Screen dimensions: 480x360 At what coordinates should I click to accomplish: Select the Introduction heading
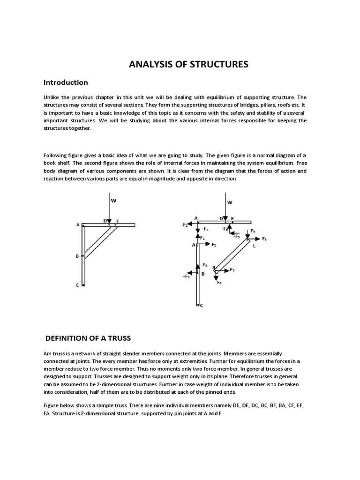(x=66, y=82)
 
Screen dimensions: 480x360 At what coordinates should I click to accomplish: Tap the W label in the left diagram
(x=113, y=200)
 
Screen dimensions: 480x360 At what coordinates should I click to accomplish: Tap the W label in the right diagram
(x=230, y=202)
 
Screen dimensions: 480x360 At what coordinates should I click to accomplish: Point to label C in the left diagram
(x=78, y=285)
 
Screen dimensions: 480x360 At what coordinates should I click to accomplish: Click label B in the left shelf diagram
(x=77, y=256)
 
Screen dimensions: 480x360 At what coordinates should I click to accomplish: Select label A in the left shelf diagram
(x=78, y=225)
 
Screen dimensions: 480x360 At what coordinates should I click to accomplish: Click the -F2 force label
(x=184, y=225)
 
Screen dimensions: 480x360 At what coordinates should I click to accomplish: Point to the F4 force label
(x=219, y=283)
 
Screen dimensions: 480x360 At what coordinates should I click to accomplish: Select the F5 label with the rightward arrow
(x=264, y=239)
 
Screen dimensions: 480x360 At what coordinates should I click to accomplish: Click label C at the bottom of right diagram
(x=202, y=306)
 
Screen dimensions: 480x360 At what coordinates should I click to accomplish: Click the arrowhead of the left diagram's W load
(x=109, y=221)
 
